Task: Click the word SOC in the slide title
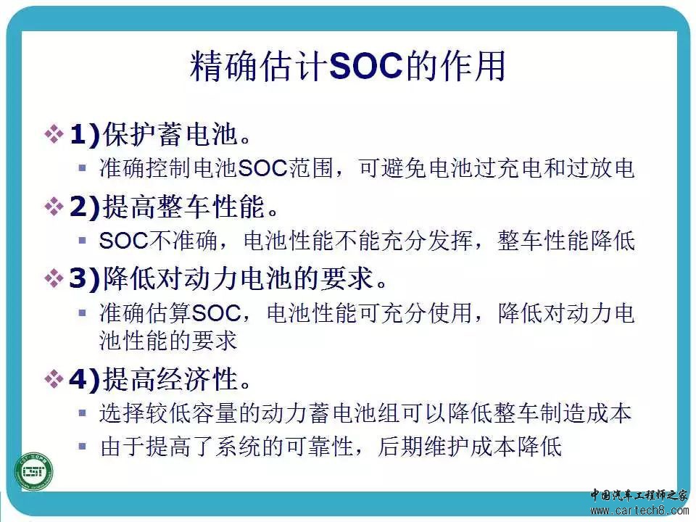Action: tap(366, 67)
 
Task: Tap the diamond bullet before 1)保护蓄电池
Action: tap(54, 133)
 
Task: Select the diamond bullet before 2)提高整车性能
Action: tap(54, 207)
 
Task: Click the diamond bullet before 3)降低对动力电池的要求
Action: tap(54, 278)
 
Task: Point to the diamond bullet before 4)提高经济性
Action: tap(54, 379)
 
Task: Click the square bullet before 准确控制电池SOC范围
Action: tap(82, 167)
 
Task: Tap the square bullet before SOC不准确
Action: tap(82, 241)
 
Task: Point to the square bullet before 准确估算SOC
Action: tap(82, 313)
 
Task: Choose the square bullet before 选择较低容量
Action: tap(82, 413)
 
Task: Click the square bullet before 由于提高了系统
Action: tap(82, 446)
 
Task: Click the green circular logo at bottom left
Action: tap(34, 471)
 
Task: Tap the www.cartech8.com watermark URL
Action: tap(639, 510)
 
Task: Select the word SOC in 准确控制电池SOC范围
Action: tap(263, 169)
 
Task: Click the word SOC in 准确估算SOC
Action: tap(217, 313)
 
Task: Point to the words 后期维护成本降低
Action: tap(470, 447)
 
